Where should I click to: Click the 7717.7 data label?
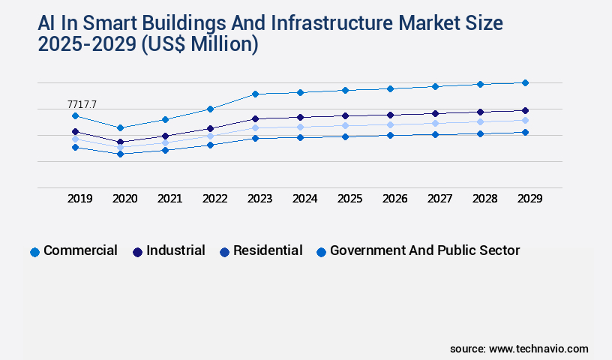[x=82, y=104]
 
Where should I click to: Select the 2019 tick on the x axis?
[x=80, y=199]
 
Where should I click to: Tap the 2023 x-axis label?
[x=260, y=199]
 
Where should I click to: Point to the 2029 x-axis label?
[x=529, y=199]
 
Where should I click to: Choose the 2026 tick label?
[x=394, y=199]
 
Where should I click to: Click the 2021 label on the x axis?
[x=170, y=199]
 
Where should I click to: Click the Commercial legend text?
[x=80, y=250]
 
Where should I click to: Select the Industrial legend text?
[x=175, y=250]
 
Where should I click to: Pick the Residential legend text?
[x=268, y=250]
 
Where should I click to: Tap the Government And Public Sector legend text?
[x=424, y=250]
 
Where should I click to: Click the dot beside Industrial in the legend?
[x=137, y=252]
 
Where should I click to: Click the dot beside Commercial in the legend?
[x=34, y=252]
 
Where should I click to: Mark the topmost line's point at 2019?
[x=75, y=115]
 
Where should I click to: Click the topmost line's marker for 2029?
[x=525, y=82]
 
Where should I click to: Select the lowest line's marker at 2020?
[x=120, y=154]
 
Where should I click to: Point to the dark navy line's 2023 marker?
[x=255, y=118]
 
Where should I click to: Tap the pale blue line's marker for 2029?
[x=525, y=120]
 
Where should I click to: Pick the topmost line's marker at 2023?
[x=255, y=94]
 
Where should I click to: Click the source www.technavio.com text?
[x=519, y=349]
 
